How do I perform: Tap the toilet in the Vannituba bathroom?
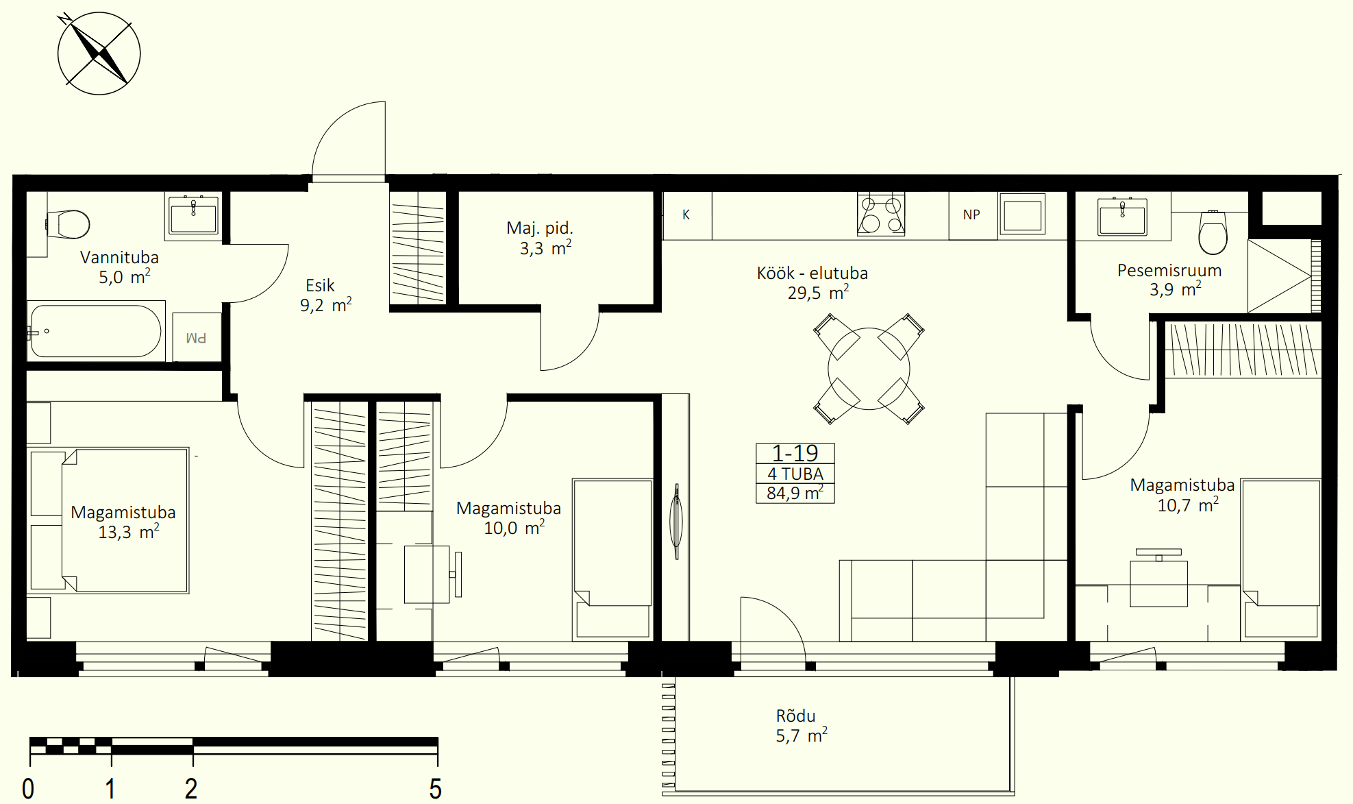[x=68, y=223]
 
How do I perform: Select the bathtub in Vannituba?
[x=96, y=331]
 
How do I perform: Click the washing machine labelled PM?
[x=197, y=337]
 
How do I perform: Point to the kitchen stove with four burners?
[x=881, y=215]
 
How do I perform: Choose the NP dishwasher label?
[x=971, y=215]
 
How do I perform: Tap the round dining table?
[x=869, y=369]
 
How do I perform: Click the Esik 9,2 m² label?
[x=326, y=295]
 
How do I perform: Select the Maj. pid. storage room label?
[x=540, y=238]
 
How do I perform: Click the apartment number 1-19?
[x=795, y=453]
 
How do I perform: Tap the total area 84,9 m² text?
[x=795, y=493]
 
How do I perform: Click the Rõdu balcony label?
[x=802, y=726]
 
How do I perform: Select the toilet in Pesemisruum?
[x=1213, y=232]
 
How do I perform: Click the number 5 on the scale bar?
[x=436, y=789]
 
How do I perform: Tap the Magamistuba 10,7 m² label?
[x=1182, y=495]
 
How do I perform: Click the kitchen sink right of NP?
[x=1022, y=215]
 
